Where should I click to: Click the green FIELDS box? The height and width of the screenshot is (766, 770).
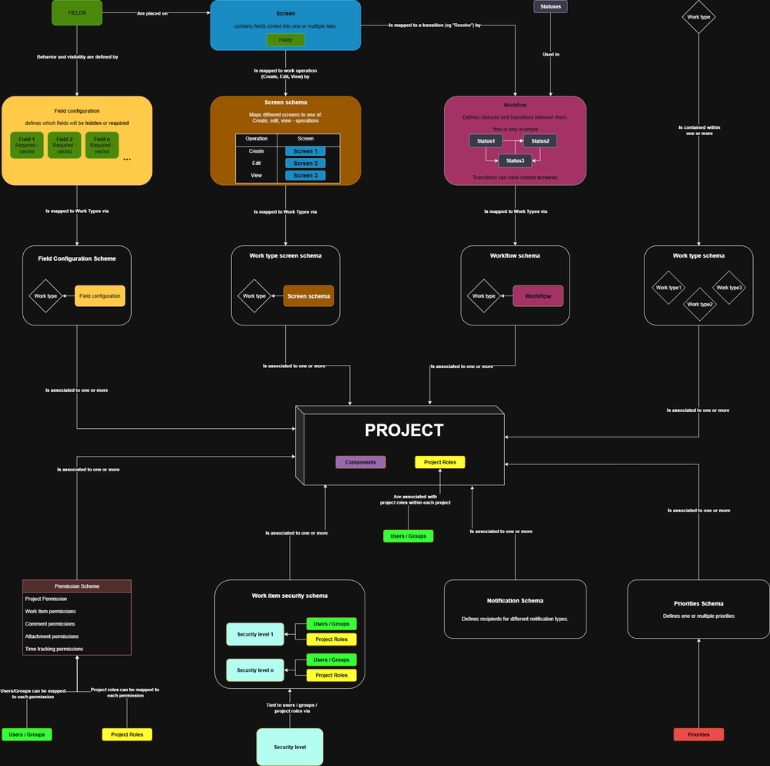pos(76,13)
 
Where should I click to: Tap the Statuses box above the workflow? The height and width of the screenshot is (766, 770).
pos(550,7)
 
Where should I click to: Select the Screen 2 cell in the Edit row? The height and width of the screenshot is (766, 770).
pos(304,164)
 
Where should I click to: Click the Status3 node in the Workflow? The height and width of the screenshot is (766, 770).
pos(515,160)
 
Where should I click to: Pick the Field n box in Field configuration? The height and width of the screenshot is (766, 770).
pos(101,145)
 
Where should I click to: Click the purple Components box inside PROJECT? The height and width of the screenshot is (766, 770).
pos(361,462)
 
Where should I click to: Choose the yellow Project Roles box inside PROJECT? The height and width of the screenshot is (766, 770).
pos(440,462)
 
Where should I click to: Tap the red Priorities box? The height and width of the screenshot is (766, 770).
pos(698,734)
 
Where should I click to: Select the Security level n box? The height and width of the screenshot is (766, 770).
pos(255,670)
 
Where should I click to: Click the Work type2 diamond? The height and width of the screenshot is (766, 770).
pos(700,304)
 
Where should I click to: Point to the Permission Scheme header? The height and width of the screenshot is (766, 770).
pos(77,586)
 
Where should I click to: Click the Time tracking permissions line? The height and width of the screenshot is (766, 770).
pos(54,649)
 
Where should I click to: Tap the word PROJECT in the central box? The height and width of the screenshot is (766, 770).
pos(404,430)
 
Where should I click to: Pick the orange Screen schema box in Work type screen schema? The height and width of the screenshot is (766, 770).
pos(308,296)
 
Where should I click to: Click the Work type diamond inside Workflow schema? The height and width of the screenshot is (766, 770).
pos(484,296)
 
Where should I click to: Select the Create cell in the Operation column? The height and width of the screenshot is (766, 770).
pos(257,151)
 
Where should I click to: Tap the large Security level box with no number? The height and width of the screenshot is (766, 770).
pos(289,747)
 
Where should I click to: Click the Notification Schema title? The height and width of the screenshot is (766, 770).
pos(515,600)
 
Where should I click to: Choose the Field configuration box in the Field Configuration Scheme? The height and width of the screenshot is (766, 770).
pos(99,296)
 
